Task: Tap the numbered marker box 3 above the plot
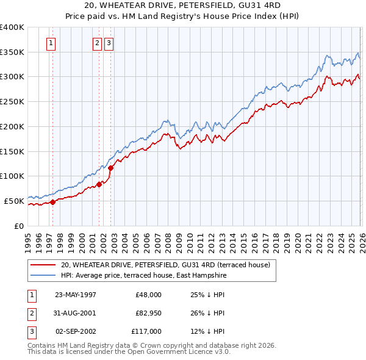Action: pos(109,43)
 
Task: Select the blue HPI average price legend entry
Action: pos(143,276)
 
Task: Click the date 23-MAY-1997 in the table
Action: pos(76,295)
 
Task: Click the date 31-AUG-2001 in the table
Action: pos(76,313)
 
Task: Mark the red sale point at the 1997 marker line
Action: pos(52,202)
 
